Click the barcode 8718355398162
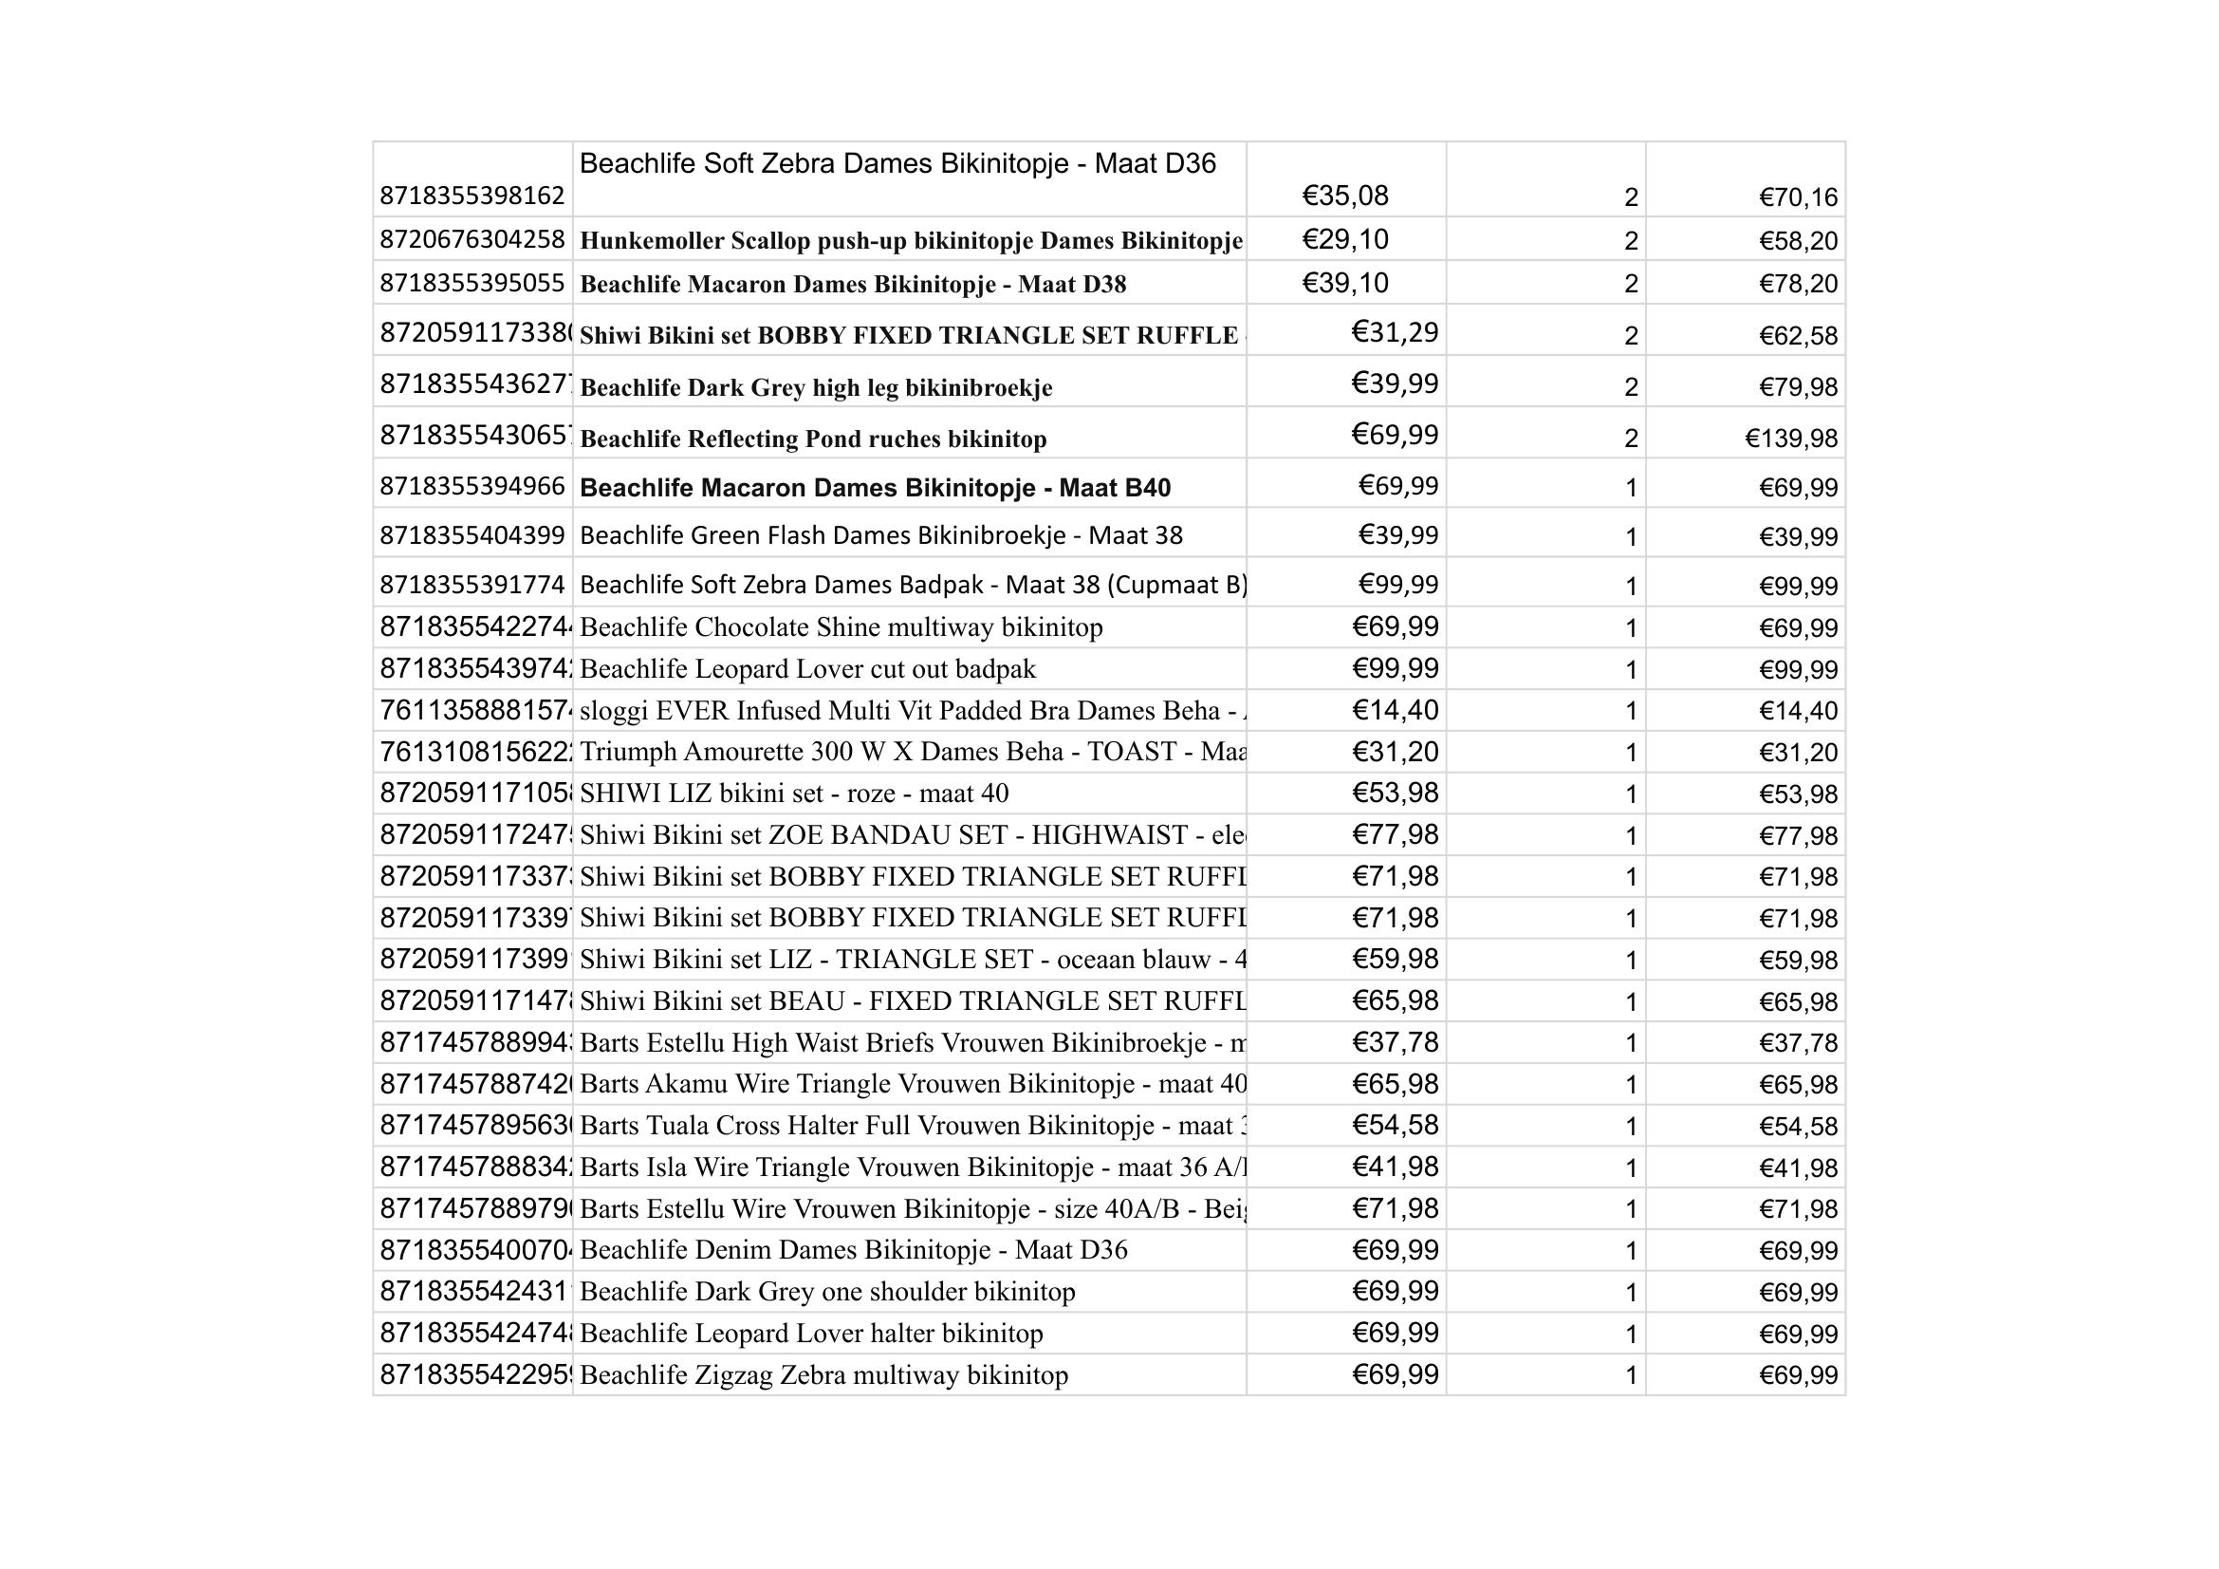(472, 196)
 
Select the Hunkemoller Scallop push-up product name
(911, 241)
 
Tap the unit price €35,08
(1344, 196)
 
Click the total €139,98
(1791, 439)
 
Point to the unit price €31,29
(1395, 332)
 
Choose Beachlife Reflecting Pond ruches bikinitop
(813, 439)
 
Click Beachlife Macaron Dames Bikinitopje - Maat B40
(875, 488)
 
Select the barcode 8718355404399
(472, 535)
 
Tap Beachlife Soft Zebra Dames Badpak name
(913, 585)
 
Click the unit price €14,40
(1395, 712)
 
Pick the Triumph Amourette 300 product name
(913, 752)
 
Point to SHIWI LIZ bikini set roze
(793, 794)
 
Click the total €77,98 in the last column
(1798, 836)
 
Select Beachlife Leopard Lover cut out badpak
(807, 669)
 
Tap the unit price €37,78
(1395, 1043)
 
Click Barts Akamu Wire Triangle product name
(913, 1085)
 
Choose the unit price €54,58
(1395, 1127)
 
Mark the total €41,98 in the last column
(1798, 1168)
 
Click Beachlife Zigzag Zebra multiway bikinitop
(823, 1375)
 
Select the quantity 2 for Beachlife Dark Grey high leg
(1631, 387)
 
